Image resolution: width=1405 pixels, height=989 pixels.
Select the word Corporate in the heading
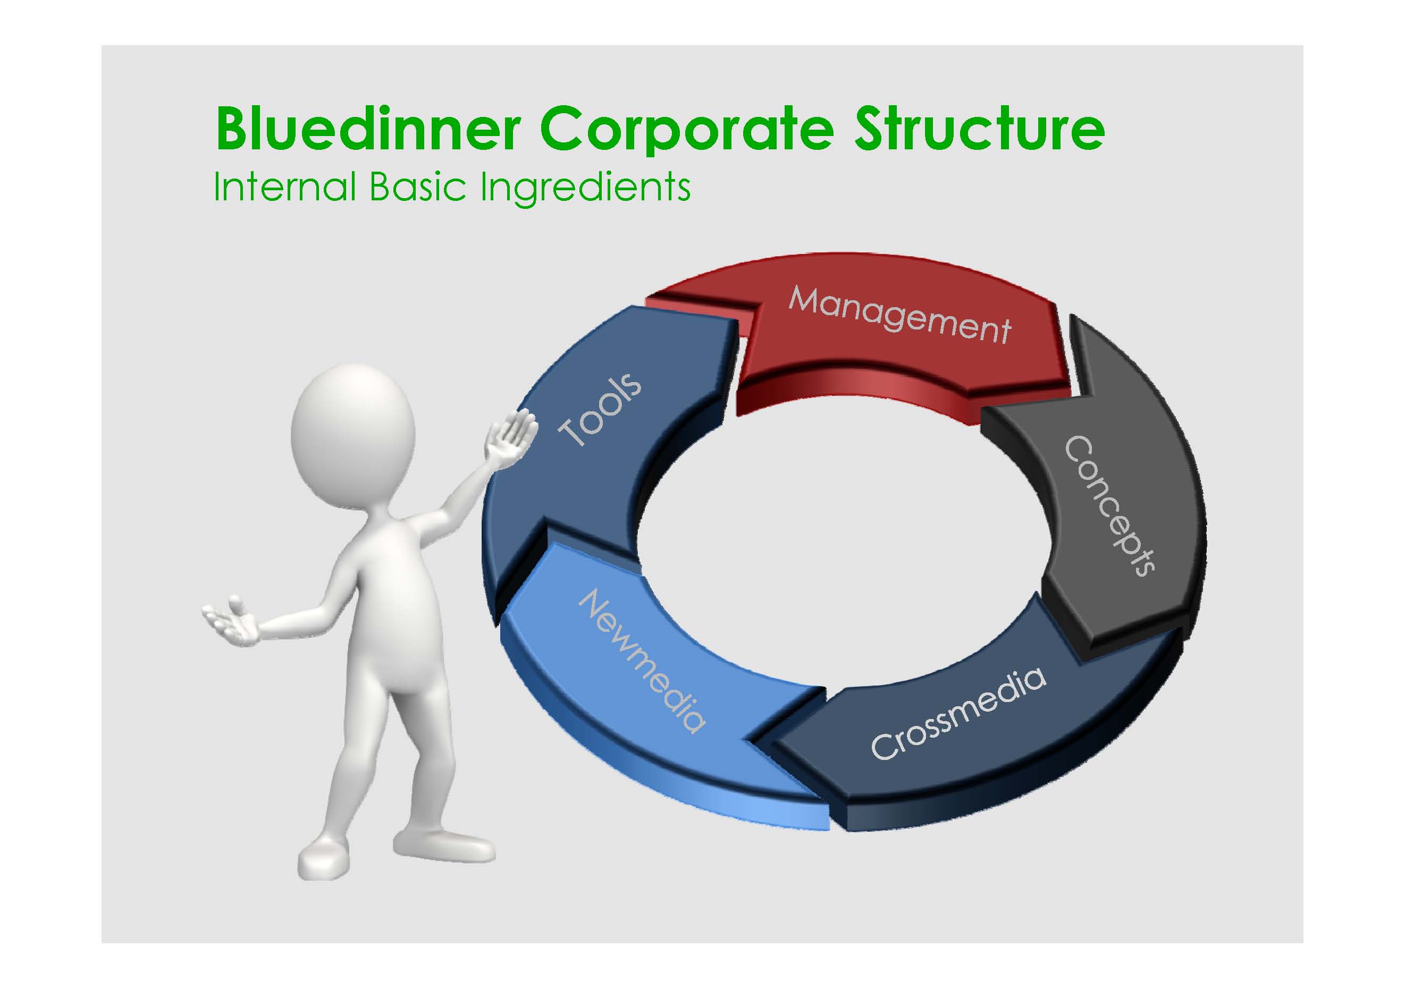pyautogui.click(x=687, y=129)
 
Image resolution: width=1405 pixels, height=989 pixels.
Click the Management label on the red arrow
pyautogui.click(x=899, y=316)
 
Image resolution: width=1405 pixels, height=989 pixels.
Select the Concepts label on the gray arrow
pyautogui.click(x=1109, y=505)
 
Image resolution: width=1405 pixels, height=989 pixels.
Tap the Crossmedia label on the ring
pyautogui.click(x=958, y=713)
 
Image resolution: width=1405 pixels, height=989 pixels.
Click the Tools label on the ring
pyautogui.click(x=600, y=409)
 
